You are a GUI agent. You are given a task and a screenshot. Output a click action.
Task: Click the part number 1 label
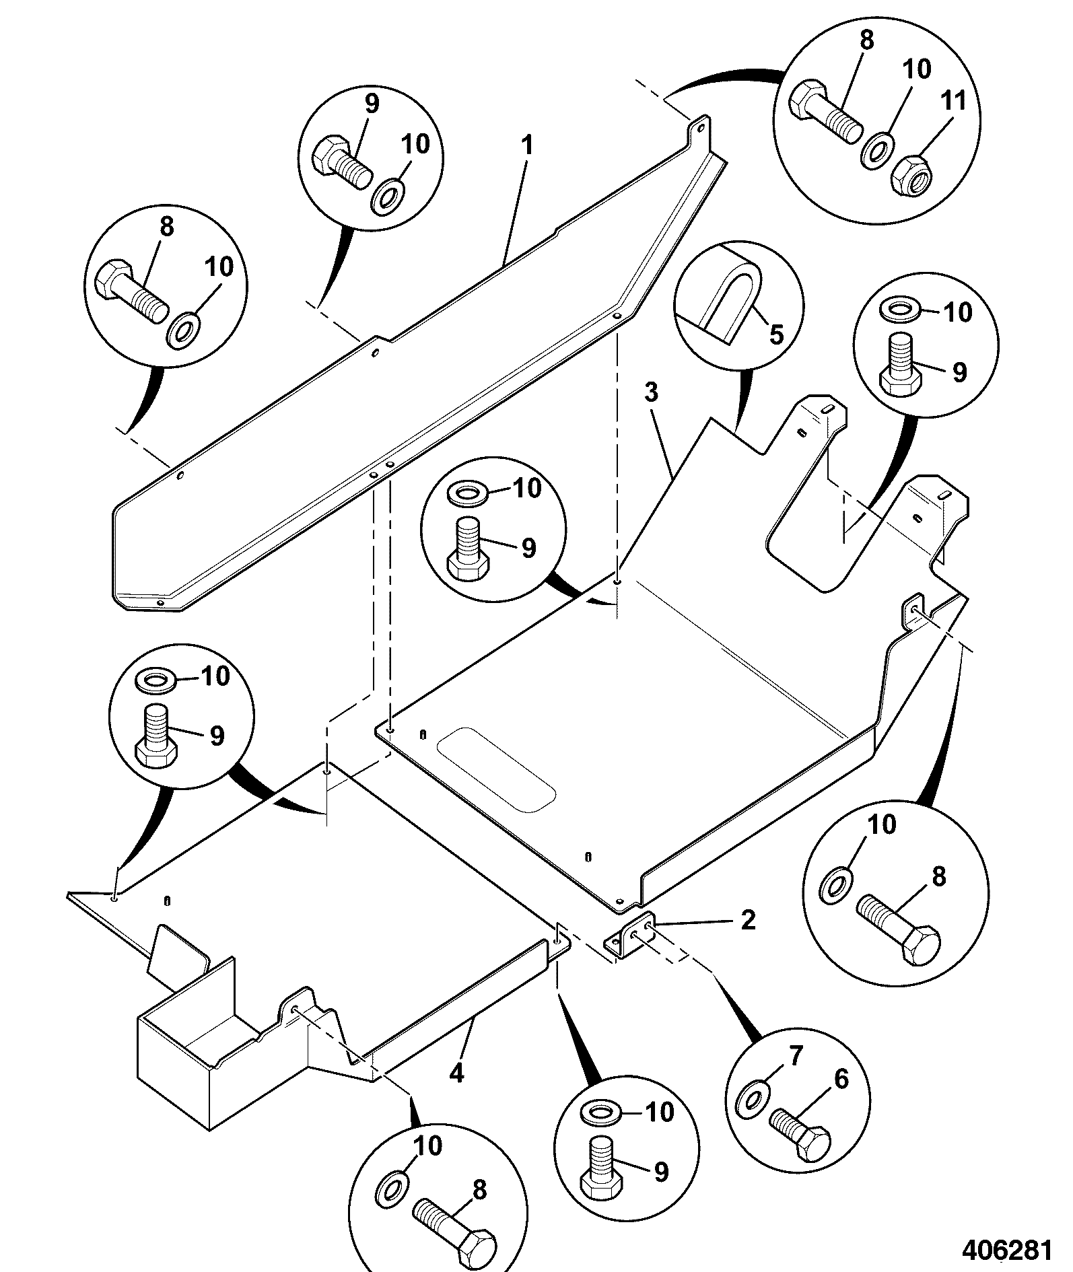528,146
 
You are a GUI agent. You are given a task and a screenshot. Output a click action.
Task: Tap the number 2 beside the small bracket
748,920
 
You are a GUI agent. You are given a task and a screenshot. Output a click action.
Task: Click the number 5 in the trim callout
777,334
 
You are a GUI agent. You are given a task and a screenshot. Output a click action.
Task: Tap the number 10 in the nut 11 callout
916,69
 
